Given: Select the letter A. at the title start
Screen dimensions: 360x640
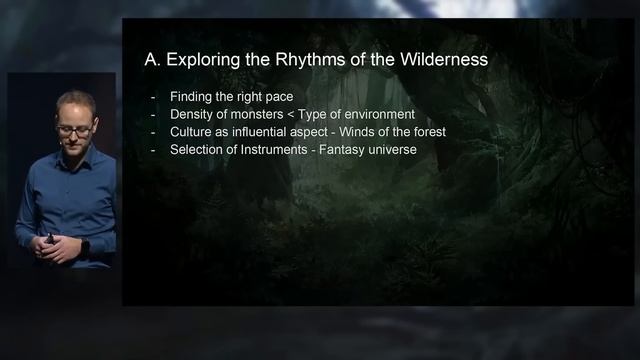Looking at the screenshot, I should click(x=152, y=60).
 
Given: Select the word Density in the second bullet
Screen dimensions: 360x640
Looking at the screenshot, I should click(x=192, y=114).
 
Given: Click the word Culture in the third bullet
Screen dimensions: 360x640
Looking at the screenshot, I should click(x=192, y=132).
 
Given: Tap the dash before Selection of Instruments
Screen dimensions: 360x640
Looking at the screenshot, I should click(x=152, y=150).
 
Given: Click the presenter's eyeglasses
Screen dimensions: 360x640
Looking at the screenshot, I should click(x=74, y=130).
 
